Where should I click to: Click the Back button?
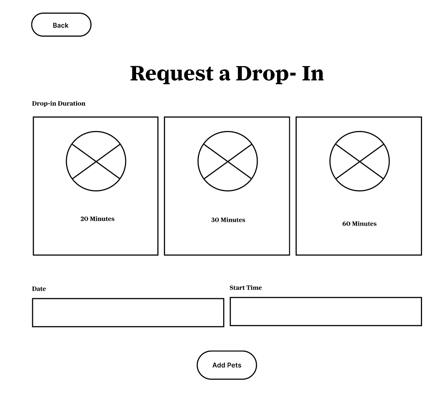(61, 25)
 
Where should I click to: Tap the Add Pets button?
(227, 365)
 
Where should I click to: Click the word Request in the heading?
(172, 74)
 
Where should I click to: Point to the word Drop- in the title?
(266, 74)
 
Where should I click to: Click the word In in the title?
(313, 73)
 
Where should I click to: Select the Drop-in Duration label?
(58, 103)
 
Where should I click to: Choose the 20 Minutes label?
(97, 219)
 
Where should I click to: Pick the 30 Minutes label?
(228, 220)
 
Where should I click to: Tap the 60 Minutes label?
(359, 224)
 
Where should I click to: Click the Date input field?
(128, 312)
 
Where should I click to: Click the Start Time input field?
(326, 312)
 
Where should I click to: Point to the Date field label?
(39, 289)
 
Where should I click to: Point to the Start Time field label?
(246, 288)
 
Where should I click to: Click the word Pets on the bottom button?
(234, 365)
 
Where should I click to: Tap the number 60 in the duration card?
(346, 224)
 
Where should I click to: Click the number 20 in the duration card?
(85, 219)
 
